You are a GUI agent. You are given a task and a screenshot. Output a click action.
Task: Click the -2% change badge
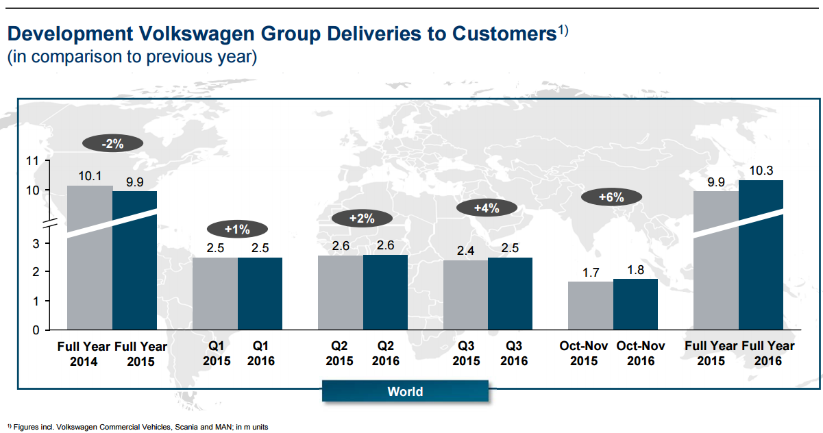tap(112, 144)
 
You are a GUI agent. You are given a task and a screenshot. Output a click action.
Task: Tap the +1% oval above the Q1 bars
tap(238, 229)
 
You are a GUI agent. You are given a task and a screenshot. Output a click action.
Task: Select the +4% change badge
tap(487, 208)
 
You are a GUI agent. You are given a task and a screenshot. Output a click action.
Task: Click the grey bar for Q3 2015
tap(465, 295)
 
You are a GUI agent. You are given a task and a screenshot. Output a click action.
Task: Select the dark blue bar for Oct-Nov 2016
tap(635, 304)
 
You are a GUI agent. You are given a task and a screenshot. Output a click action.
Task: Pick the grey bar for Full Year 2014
tap(90, 274)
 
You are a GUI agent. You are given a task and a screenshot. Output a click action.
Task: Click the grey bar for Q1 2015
tap(215, 294)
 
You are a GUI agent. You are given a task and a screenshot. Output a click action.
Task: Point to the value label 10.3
tap(761, 171)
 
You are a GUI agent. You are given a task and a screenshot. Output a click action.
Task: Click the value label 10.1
tap(90, 176)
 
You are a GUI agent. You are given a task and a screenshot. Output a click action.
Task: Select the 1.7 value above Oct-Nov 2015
tap(591, 273)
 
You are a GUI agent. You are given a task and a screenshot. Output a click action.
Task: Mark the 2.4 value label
tap(465, 251)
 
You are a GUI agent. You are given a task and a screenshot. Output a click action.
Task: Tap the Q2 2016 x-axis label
tap(385, 354)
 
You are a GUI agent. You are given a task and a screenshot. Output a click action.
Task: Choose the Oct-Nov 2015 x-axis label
tap(584, 354)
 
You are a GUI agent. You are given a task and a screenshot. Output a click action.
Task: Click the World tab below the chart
tap(405, 392)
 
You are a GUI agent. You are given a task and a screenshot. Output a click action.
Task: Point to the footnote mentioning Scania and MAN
tap(137, 427)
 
